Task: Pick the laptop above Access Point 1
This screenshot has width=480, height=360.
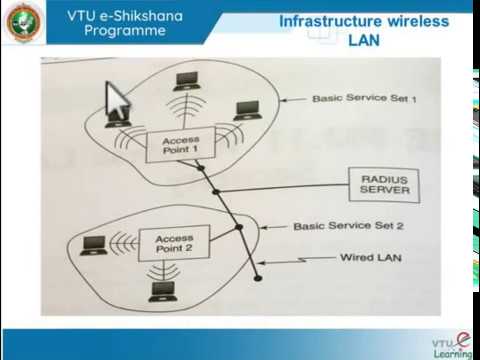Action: coord(185,82)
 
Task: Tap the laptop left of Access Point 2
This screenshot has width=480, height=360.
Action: coord(94,243)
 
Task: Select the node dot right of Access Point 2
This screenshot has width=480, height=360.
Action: coord(239,229)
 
